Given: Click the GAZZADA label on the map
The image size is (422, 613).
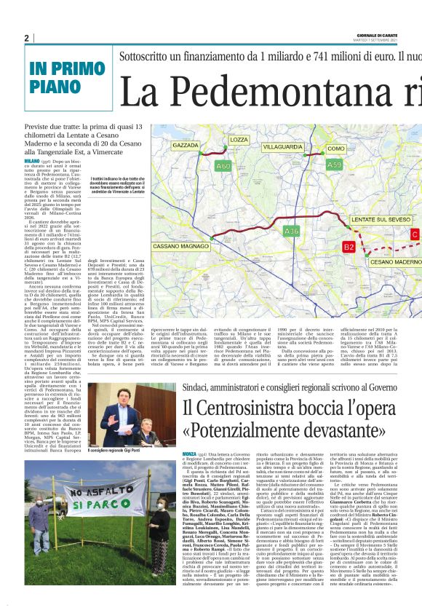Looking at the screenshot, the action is tap(186, 146).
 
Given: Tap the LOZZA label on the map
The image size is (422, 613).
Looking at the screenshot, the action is tap(239, 139).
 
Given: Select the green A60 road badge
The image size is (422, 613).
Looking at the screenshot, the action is tap(204, 167).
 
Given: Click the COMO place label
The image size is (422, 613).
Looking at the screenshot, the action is tap(336, 149).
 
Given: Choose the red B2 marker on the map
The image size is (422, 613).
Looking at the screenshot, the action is tap(349, 248).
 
